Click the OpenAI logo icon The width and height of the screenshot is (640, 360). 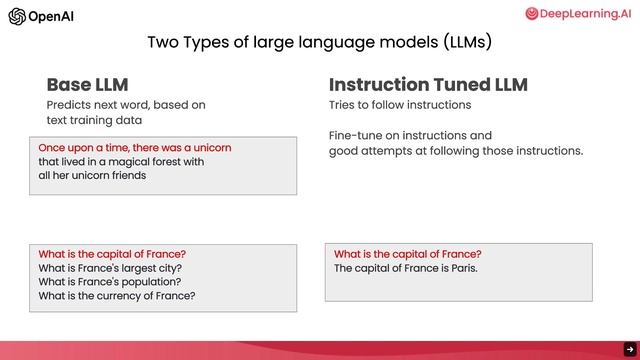17,16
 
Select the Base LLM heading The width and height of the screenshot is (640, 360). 87,85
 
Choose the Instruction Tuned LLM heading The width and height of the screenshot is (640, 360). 428,85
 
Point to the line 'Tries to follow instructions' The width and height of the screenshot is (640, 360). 400,105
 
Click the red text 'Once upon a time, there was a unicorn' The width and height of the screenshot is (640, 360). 135,147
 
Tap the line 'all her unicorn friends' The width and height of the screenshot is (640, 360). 92,175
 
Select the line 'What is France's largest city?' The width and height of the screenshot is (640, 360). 110,268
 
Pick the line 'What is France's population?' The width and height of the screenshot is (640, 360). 111,282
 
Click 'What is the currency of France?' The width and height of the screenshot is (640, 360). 117,296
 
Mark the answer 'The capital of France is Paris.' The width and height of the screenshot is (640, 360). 406,268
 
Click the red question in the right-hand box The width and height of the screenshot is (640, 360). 408,254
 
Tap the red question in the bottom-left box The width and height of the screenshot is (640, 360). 112,254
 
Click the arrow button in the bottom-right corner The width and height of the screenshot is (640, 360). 630,349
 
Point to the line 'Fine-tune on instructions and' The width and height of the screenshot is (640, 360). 411,135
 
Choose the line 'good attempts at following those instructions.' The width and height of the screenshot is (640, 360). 456,151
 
